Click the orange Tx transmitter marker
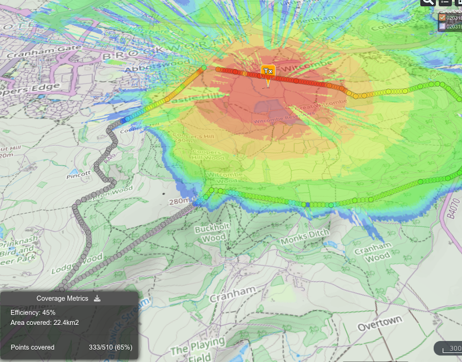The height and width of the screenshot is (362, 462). click(x=267, y=71)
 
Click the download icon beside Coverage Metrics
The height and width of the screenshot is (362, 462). click(x=98, y=298)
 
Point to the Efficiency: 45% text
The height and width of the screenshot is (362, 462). click(x=33, y=312)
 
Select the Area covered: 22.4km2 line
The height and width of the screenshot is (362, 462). click(x=45, y=323)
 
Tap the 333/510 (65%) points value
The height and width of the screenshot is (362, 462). click(x=110, y=347)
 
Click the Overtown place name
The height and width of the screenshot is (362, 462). click(x=379, y=323)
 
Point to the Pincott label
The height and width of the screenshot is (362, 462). click(x=79, y=175)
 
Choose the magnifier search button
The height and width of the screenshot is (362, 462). click(x=428, y=2)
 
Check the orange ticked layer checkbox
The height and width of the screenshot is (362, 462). click(x=442, y=17)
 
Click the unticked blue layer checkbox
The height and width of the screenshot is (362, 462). click(x=442, y=27)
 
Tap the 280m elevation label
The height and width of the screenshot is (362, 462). click(x=179, y=201)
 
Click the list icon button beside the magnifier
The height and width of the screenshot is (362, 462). click(x=445, y=2)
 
